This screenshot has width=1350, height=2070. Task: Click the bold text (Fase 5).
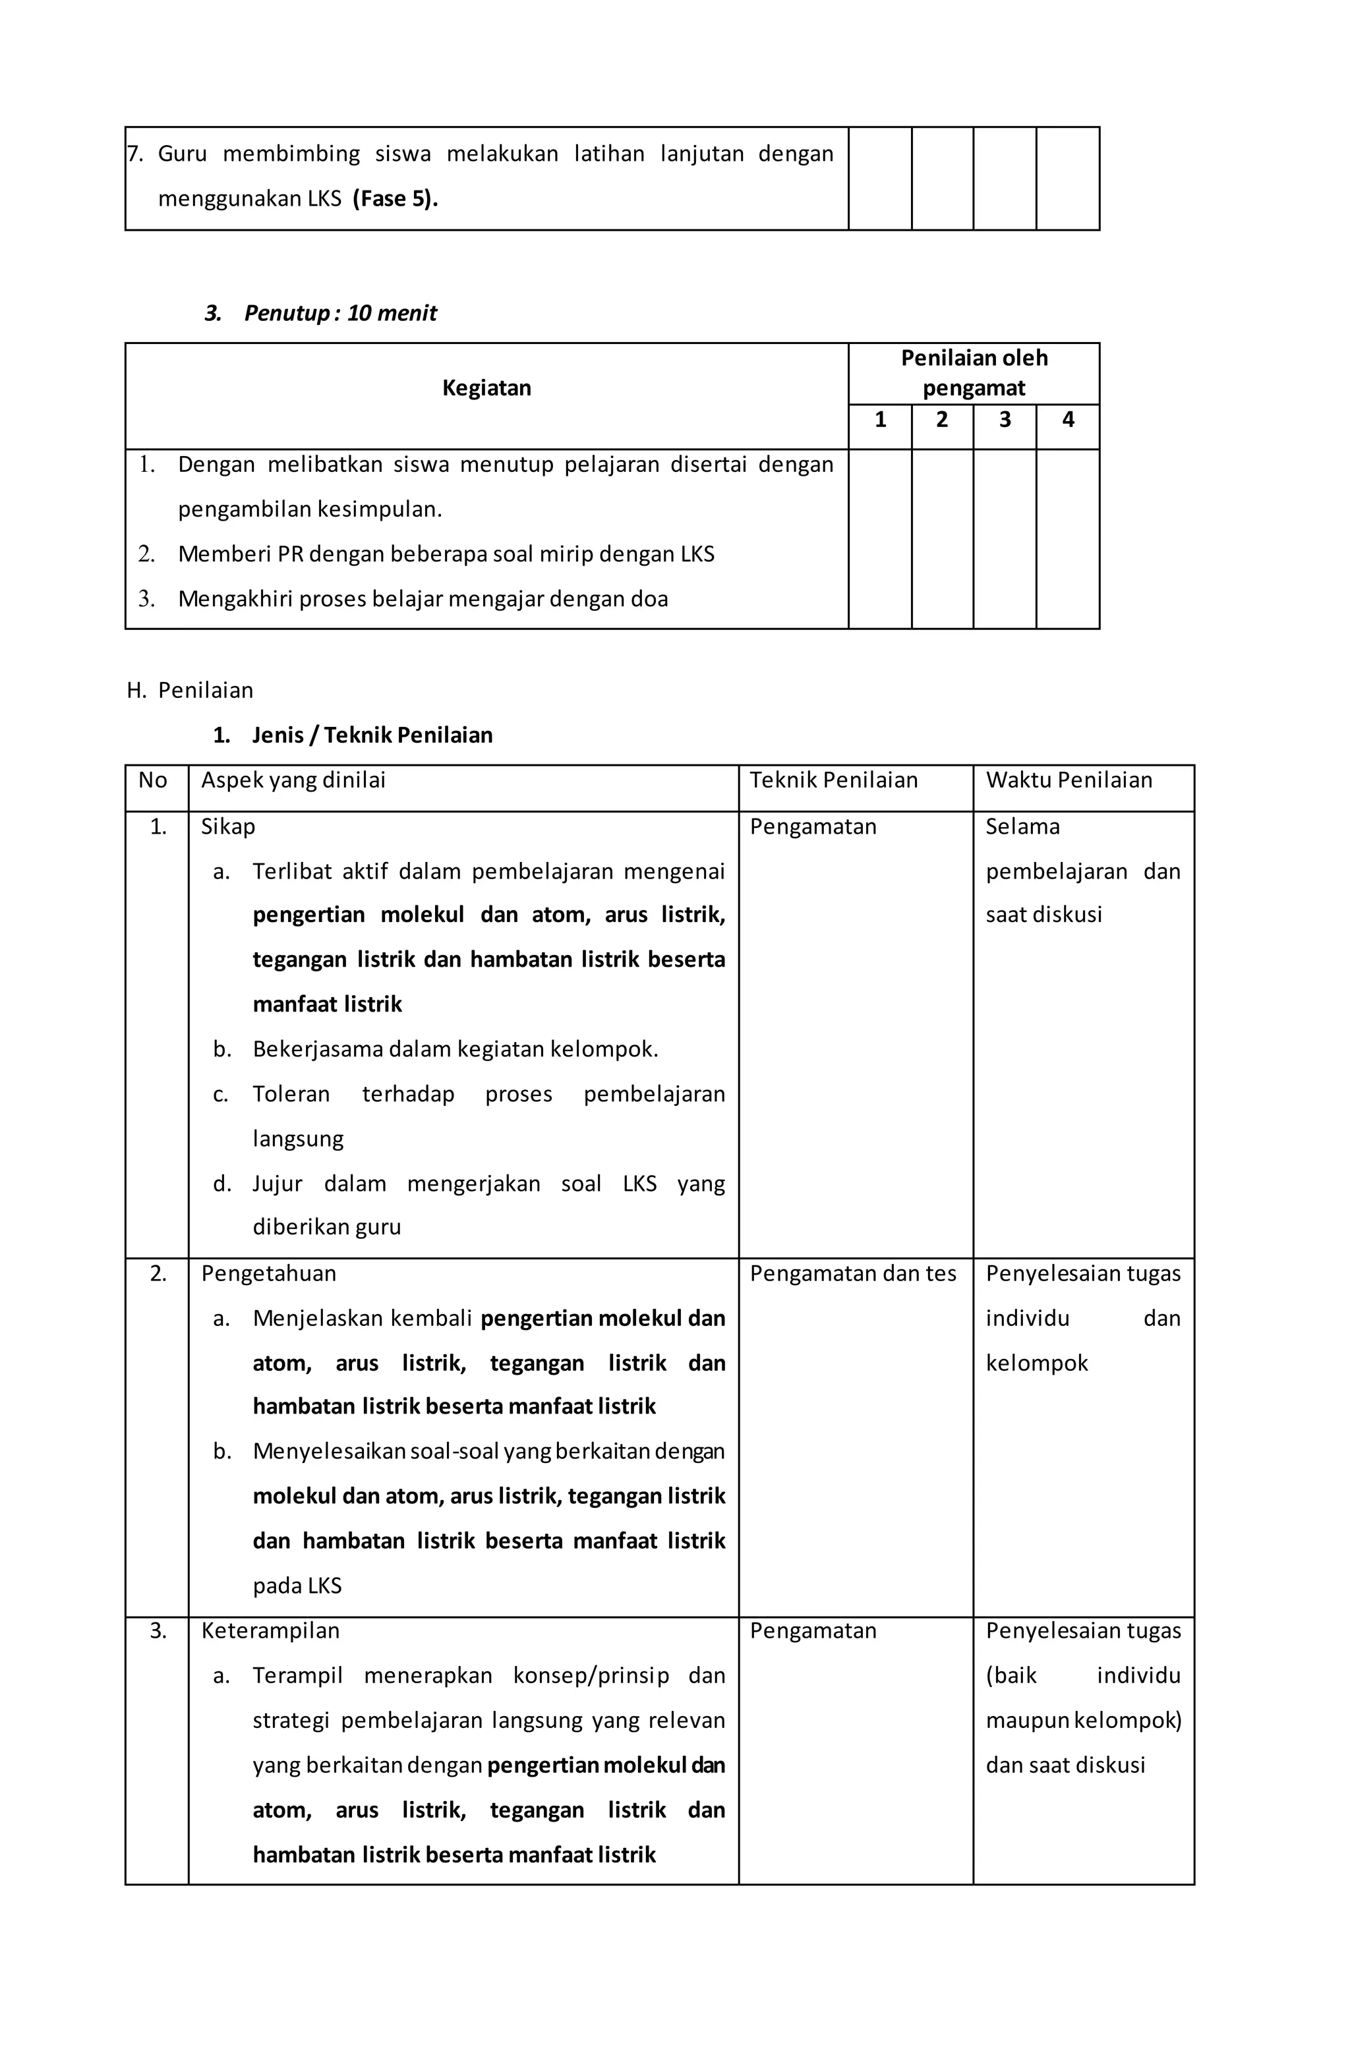click(395, 199)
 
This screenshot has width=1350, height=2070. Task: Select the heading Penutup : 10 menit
click(339, 313)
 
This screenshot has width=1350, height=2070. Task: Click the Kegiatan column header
click(486, 388)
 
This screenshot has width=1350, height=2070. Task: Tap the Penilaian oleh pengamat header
click(974, 373)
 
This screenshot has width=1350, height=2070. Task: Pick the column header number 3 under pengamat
click(1004, 420)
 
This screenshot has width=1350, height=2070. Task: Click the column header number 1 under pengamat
click(879, 420)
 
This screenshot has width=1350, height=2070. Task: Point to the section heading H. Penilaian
click(191, 691)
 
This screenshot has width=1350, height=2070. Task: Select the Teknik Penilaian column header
click(833, 780)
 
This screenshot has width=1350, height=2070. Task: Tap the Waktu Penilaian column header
click(1068, 780)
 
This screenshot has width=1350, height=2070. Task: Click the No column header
click(152, 780)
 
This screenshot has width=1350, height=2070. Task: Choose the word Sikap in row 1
click(228, 826)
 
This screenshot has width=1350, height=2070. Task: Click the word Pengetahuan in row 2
click(268, 1273)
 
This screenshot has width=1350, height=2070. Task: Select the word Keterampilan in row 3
click(270, 1631)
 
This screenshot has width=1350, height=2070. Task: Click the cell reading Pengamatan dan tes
click(852, 1273)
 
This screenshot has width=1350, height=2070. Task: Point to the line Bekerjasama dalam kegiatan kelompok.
click(455, 1050)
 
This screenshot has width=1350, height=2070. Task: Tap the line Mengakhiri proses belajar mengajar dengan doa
click(423, 599)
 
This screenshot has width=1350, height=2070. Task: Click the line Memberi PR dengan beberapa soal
click(446, 554)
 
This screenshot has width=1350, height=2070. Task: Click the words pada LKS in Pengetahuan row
click(297, 1586)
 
